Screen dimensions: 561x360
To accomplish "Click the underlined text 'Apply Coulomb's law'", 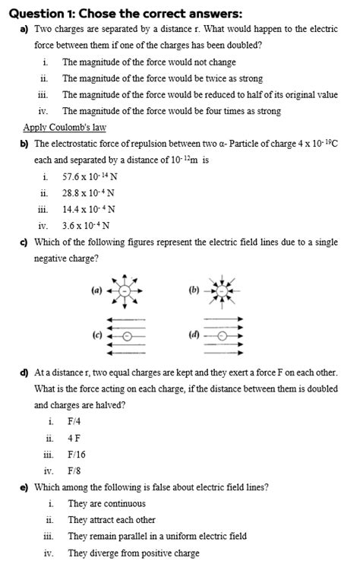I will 65,128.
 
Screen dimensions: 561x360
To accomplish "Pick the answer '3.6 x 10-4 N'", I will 86,225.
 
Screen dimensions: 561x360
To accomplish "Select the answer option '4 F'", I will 74,438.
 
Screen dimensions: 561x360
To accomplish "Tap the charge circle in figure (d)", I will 223,335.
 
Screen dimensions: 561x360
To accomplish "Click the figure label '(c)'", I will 96,335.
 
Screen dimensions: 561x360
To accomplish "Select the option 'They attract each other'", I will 111,520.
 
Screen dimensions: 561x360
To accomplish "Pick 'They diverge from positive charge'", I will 133,553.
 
